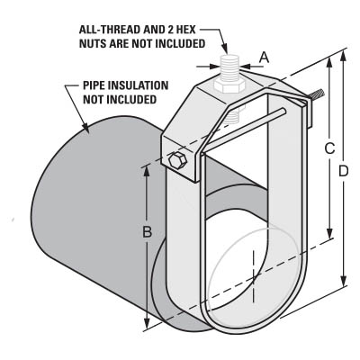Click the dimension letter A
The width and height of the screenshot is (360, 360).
coord(264,57)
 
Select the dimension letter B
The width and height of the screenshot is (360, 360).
coord(147,231)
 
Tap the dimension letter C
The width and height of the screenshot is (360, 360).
coord(329,148)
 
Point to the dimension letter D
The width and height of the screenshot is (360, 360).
coord(344,171)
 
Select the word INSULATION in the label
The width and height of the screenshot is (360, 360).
coord(138,85)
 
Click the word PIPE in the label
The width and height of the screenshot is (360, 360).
coord(94,85)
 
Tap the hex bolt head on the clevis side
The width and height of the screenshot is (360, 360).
coord(177,160)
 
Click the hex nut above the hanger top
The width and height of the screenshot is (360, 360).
coord(228,86)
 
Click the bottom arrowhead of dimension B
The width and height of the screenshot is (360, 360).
coord(147,324)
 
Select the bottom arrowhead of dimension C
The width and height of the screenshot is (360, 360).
coord(330,234)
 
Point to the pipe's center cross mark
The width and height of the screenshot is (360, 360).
coord(254,276)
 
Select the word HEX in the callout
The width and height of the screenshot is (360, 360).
coord(185,30)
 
